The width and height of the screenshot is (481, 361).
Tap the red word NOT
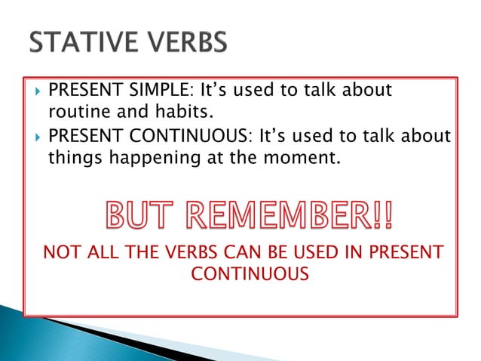pos(60,251)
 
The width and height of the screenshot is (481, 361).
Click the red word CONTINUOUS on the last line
pos(250,274)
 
